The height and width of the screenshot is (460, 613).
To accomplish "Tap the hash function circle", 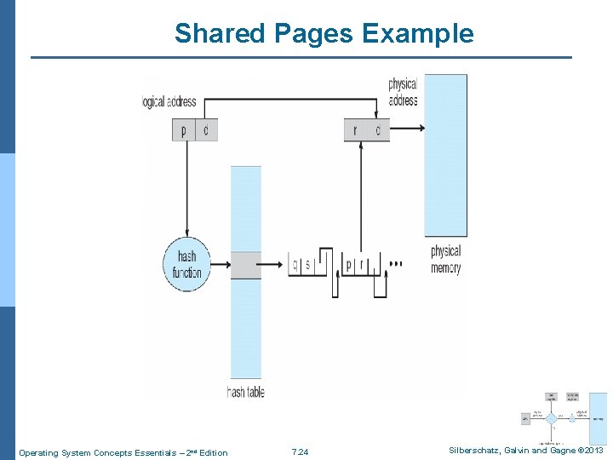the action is click(186, 264).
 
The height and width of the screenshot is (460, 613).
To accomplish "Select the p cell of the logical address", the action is click(184, 130).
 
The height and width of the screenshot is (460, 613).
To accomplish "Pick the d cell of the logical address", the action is click(207, 130).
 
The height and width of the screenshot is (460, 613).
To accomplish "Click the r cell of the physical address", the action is click(355, 130).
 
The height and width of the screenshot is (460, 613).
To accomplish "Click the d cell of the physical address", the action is click(378, 130).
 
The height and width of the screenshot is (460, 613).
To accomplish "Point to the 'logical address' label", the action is click(169, 103).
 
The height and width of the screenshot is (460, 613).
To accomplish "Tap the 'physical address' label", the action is click(402, 92).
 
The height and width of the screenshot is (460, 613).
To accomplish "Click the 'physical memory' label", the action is click(445, 259).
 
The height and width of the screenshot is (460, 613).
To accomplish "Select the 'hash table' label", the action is click(245, 392).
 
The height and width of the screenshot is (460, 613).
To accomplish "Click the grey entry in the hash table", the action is click(246, 265).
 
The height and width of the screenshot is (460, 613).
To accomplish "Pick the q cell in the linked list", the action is click(295, 265).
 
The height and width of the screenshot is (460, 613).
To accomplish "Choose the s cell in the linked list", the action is click(308, 265).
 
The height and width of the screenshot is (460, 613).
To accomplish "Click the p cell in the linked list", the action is click(348, 265).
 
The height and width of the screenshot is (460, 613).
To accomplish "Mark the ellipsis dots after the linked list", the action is click(395, 265).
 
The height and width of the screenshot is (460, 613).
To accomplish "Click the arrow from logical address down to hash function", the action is click(186, 187).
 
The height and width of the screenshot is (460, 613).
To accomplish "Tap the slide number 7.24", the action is click(300, 452).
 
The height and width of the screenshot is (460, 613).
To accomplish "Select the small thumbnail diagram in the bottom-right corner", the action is click(564, 419).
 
